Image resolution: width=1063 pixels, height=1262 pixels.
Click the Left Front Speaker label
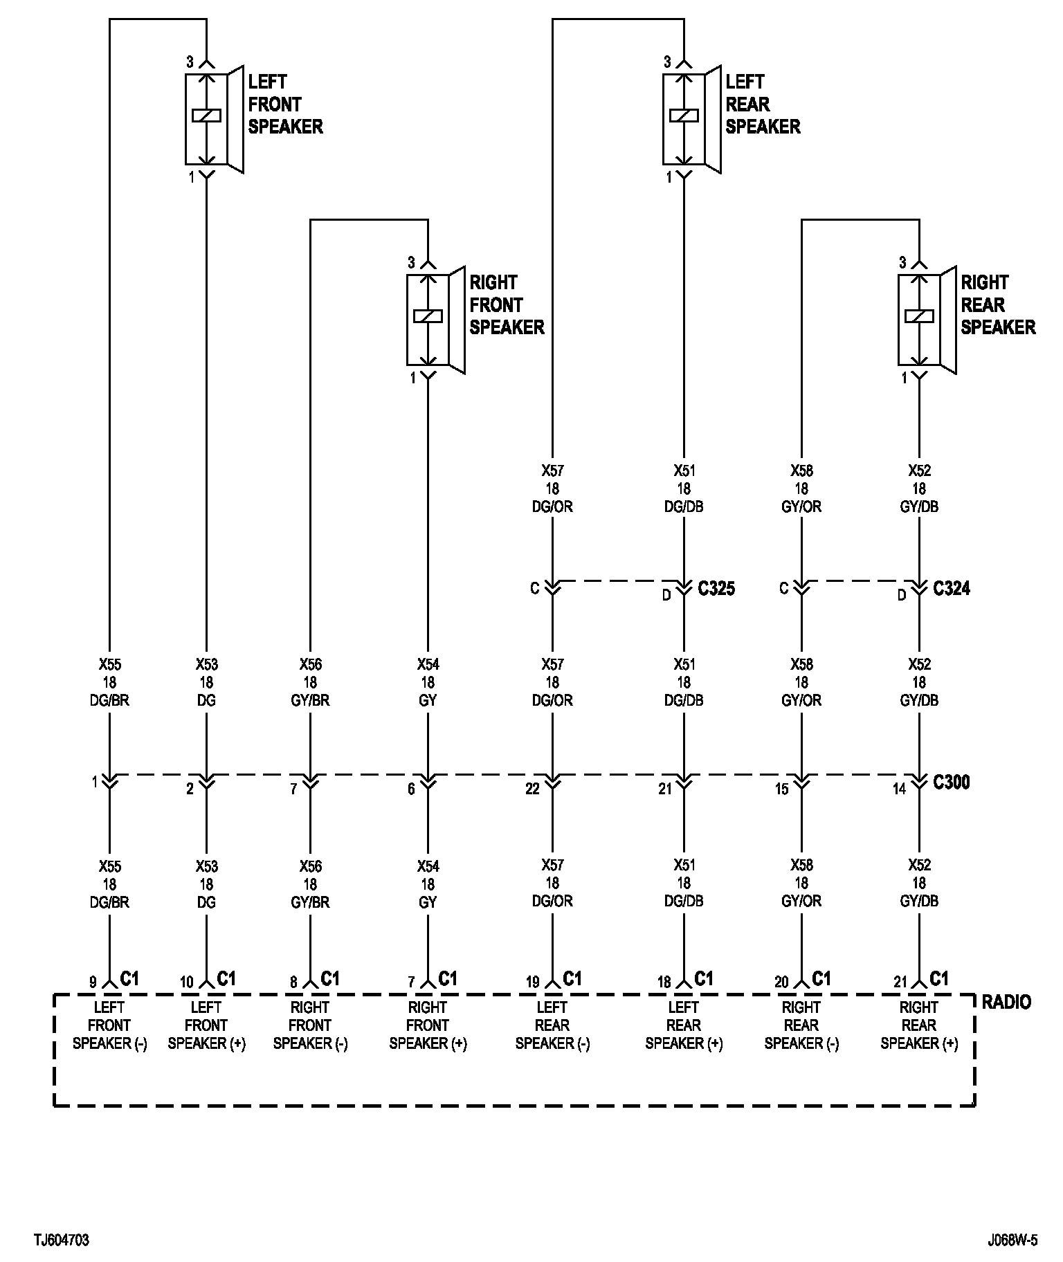(x=285, y=104)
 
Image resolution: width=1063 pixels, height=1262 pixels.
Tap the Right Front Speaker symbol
(x=435, y=319)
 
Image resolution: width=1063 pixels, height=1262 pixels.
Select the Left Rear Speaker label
(x=763, y=104)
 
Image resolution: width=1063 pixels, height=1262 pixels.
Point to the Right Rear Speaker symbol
(x=926, y=319)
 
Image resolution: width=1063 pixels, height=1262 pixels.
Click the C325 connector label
(x=716, y=589)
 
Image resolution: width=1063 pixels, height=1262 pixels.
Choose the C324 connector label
(x=952, y=589)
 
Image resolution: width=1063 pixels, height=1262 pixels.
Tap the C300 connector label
(x=952, y=783)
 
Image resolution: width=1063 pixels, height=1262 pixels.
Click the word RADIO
(x=1006, y=1002)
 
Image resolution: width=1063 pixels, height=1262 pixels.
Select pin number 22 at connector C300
(x=532, y=789)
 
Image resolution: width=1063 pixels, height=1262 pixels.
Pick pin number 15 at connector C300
(x=781, y=789)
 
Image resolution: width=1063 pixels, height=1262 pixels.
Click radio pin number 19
(x=532, y=982)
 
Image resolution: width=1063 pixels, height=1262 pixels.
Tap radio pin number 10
(x=187, y=982)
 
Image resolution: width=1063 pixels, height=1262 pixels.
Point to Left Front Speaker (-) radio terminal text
(x=109, y=1025)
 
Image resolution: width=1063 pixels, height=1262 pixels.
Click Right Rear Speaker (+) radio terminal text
(x=919, y=1025)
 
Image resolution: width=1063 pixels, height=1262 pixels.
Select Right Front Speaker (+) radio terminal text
(x=428, y=1025)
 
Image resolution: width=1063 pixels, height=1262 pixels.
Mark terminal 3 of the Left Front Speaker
(x=190, y=62)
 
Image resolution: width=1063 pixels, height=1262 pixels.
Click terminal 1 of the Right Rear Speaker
(x=904, y=378)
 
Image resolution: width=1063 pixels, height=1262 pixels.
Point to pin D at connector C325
(x=666, y=595)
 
